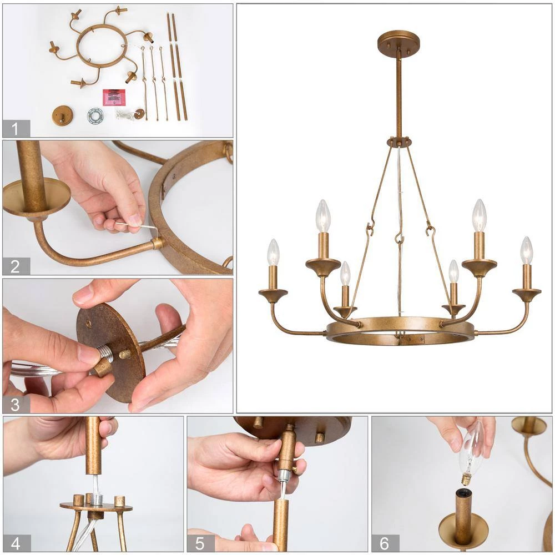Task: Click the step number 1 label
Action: (16, 129)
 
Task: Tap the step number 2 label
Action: (16, 266)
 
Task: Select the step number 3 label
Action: (16, 404)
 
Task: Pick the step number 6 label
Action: (385, 543)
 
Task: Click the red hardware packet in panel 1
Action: (114, 97)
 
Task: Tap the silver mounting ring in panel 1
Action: (95, 115)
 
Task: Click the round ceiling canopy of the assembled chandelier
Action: (398, 41)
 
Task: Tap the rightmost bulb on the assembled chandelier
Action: (526, 251)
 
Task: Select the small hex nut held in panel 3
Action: (103, 367)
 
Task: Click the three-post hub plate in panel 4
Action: (95, 506)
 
